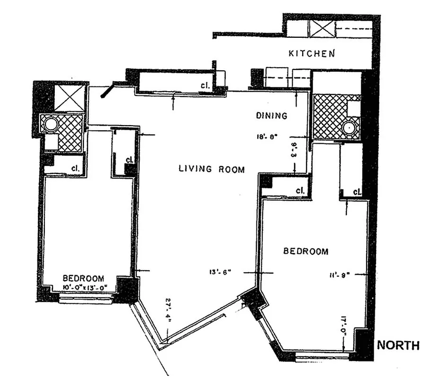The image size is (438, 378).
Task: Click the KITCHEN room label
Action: [x=312, y=53]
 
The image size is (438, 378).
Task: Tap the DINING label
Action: [x=271, y=115]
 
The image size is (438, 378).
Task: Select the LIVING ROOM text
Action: [x=211, y=169]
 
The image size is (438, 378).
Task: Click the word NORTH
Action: [x=398, y=345]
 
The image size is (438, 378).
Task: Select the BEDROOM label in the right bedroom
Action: [x=306, y=251]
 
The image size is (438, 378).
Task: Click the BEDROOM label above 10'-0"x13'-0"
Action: [x=83, y=278]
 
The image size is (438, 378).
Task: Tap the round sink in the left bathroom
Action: [x=50, y=125]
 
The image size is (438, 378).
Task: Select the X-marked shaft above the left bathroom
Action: [x=70, y=96]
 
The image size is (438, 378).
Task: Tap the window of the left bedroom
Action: [x=86, y=298]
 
